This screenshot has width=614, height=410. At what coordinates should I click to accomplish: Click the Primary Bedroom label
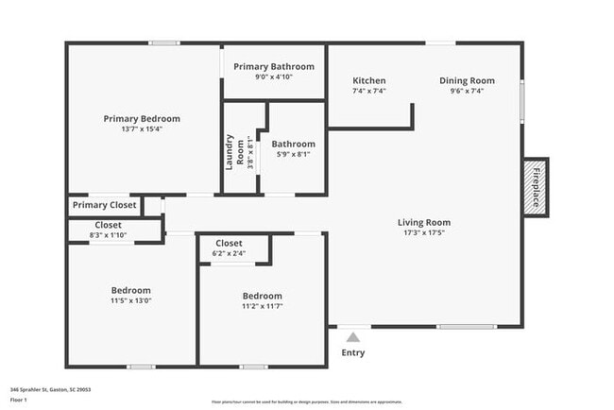coord(142,119)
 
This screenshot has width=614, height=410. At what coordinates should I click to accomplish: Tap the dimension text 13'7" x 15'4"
coord(142,129)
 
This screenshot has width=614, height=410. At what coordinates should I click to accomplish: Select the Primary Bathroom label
coord(274,67)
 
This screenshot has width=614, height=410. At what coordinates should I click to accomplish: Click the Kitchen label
coord(368,81)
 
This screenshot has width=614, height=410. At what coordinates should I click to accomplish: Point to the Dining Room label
coord(467,81)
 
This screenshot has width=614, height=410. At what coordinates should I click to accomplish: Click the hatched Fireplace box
coord(537,186)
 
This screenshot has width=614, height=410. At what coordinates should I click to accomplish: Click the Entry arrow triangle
coord(352,336)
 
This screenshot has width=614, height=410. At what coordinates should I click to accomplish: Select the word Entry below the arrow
coord(352,354)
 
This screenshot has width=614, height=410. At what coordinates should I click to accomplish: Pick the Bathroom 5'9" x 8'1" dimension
coord(293,154)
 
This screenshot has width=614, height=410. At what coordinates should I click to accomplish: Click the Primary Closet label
coord(104,205)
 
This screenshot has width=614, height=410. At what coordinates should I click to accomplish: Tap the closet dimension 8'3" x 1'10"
coord(107,234)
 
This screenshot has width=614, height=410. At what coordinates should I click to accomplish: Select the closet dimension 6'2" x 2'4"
coord(229,253)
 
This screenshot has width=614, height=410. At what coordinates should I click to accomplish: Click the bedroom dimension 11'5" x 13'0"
coord(130,300)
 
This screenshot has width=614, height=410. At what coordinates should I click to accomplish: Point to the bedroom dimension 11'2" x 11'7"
coord(262,306)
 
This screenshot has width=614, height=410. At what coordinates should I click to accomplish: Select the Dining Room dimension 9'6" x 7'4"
coord(467,91)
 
